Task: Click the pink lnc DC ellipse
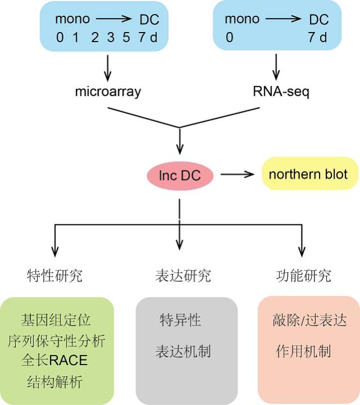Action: click(x=180, y=176)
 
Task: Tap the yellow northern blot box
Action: click(x=308, y=173)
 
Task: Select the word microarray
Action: click(x=108, y=91)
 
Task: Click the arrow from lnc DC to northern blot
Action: click(x=239, y=175)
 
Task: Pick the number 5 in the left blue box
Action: click(x=127, y=38)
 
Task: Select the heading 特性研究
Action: click(x=55, y=276)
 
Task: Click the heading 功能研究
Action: click(x=304, y=276)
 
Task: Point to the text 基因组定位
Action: click(x=56, y=321)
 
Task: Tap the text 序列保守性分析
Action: click(x=56, y=341)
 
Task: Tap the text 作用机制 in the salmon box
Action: click(x=303, y=352)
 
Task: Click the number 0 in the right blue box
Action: click(x=229, y=38)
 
